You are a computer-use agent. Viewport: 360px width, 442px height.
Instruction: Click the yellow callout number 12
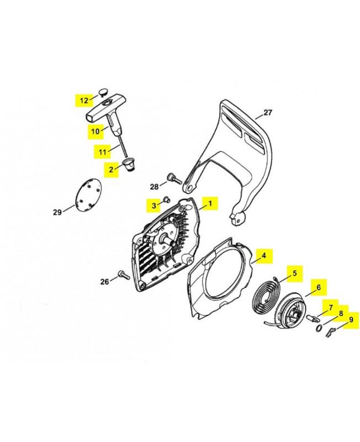click(x=84, y=100)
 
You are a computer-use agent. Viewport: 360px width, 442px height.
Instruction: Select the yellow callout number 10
click(x=96, y=131)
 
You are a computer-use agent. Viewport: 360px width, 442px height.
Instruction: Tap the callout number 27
click(x=268, y=113)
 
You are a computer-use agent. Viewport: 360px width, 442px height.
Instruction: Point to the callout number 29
click(x=57, y=212)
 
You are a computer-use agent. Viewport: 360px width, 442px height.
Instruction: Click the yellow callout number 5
click(x=294, y=273)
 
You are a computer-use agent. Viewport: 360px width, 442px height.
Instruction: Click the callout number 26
click(x=104, y=282)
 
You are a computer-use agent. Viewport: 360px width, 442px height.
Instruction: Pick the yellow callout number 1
click(x=209, y=204)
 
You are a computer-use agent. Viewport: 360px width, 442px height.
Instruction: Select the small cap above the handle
click(x=103, y=91)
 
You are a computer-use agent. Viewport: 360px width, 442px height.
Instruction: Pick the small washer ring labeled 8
click(x=320, y=328)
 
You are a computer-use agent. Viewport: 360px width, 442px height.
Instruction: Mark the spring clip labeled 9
click(x=330, y=331)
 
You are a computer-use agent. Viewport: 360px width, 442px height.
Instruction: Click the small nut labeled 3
click(x=166, y=201)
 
